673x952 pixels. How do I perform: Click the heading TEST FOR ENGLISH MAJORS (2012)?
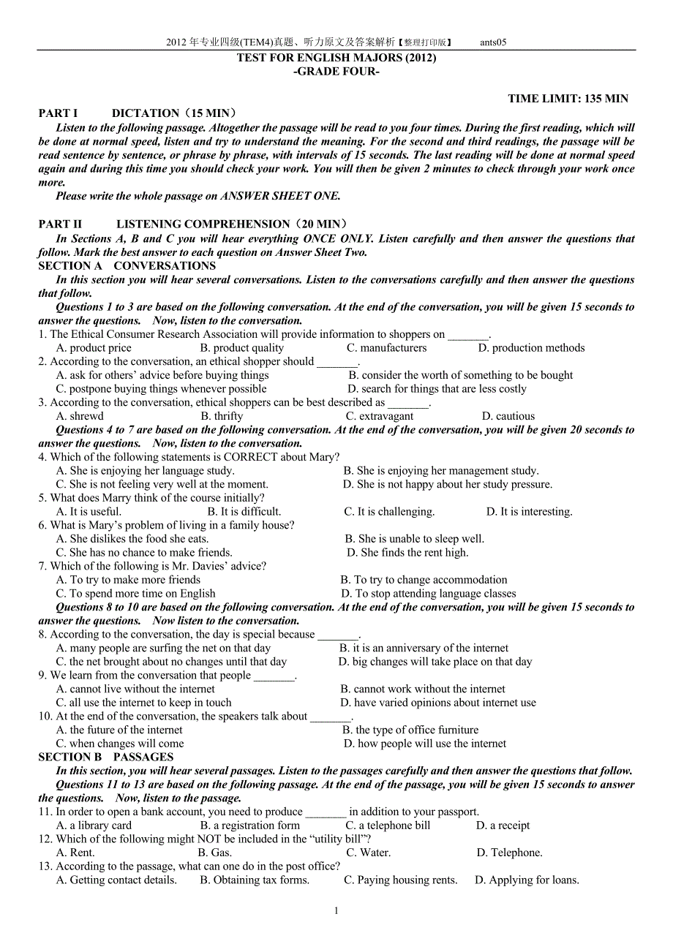point(336,58)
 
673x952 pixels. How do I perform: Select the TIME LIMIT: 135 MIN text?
point(568,99)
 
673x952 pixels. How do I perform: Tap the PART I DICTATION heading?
point(138,113)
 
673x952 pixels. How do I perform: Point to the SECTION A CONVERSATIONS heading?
point(127,266)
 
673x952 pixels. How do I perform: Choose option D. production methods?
point(531,348)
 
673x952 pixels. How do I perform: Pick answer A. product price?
point(94,348)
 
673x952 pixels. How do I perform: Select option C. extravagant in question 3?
point(380,416)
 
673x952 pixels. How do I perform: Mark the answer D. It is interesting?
point(529,512)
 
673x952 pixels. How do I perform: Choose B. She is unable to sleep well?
point(414,539)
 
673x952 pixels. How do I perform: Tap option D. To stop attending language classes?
point(429,594)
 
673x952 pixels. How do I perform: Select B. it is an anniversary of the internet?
point(424,648)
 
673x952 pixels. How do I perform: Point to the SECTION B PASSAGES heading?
point(106,758)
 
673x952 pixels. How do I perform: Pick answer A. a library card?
point(94,826)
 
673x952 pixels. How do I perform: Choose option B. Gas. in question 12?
point(215,853)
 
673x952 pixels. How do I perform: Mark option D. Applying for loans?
point(527,880)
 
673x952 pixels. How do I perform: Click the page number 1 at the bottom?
point(336,910)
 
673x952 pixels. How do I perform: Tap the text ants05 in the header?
point(493,42)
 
